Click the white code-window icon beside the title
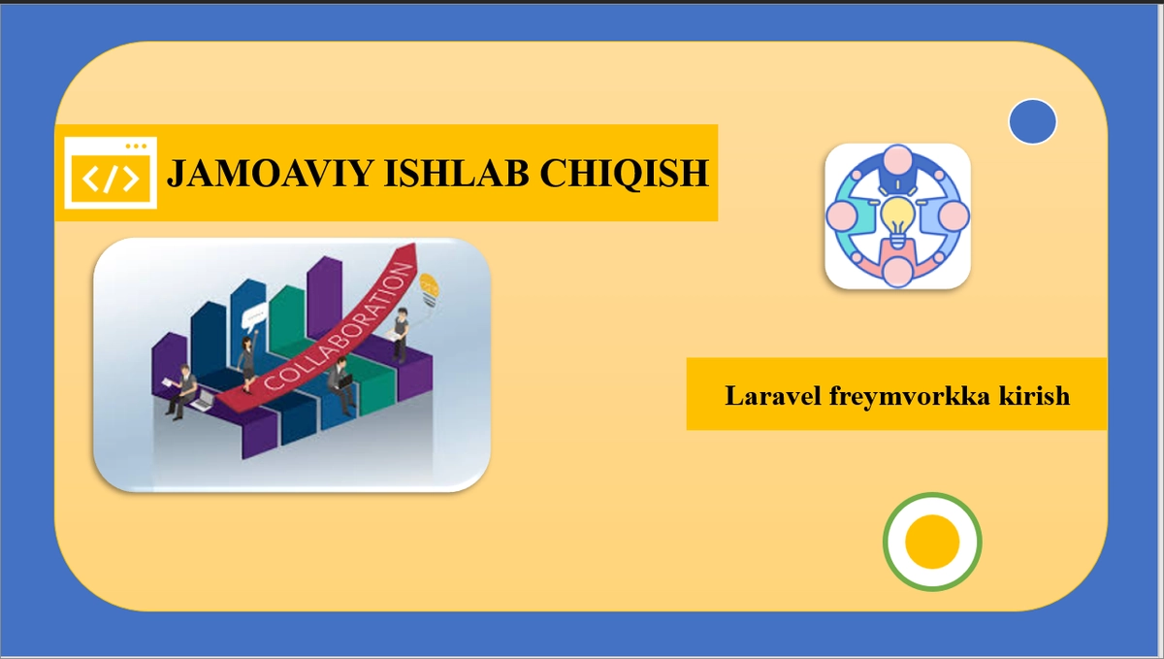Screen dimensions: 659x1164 pos(111,174)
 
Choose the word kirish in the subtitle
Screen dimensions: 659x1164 pos(1036,396)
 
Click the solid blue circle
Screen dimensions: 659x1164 pos(1032,122)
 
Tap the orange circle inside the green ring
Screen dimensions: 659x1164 pos(932,542)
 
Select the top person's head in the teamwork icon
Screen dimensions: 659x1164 pos(898,158)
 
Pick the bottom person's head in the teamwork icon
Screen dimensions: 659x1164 pos(898,273)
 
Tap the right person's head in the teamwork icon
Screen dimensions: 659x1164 pos(955,215)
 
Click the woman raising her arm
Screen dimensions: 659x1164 pos(247,354)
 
